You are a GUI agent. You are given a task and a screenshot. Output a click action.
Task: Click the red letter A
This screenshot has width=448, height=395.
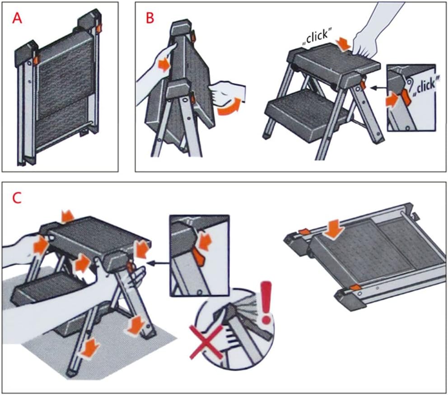click(x=17, y=18)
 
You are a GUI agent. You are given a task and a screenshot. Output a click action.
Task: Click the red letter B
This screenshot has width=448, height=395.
click(x=149, y=18)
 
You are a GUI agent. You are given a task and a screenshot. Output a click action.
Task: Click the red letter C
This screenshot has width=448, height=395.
click(x=16, y=198)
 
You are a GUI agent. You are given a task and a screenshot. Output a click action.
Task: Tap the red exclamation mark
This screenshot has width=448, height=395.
click(x=268, y=301)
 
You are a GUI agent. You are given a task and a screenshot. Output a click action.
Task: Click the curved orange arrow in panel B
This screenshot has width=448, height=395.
click(x=228, y=107)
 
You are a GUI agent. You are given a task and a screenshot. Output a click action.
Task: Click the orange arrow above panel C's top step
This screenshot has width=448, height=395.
click(x=68, y=216)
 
